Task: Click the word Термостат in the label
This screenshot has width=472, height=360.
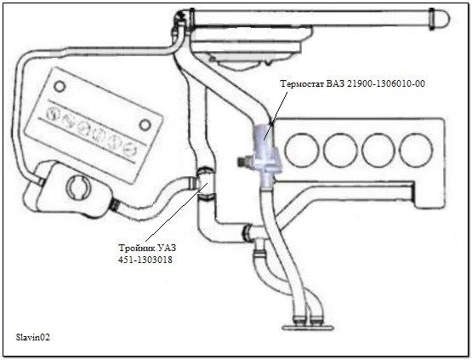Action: pyautogui.click(x=302, y=83)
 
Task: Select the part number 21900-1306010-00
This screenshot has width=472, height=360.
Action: pyautogui.click(x=386, y=83)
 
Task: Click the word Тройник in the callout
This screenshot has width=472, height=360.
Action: pyautogui.click(x=136, y=249)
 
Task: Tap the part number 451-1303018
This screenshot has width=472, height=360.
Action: pyautogui.click(x=145, y=260)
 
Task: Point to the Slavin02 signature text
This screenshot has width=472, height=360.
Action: pyautogui.click(x=32, y=337)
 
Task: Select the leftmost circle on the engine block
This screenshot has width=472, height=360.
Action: pyautogui.click(x=302, y=150)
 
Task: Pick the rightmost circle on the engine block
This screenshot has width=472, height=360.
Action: pyautogui.click(x=417, y=150)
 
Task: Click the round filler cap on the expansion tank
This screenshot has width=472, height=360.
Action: pyautogui.click(x=77, y=188)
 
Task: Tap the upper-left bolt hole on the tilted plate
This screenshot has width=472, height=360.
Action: pyautogui.click(x=60, y=87)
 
